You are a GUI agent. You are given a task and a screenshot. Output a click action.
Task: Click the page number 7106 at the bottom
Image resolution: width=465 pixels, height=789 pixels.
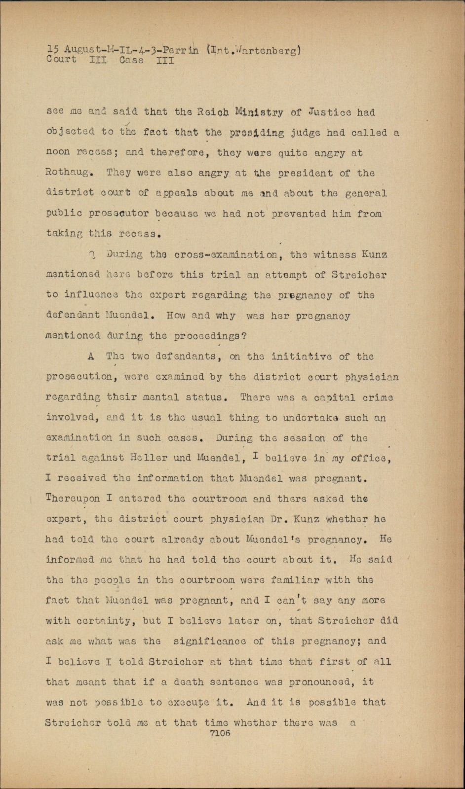(220, 733)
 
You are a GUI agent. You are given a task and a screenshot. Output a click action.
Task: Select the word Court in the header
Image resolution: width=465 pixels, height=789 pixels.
(61, 60)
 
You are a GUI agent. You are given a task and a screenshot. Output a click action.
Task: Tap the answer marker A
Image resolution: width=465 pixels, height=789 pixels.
(91, 356)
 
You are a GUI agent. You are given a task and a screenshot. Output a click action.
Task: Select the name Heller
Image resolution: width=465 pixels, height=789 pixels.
(146, 458)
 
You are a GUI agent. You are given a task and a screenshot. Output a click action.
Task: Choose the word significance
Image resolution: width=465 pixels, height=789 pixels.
(217, 641)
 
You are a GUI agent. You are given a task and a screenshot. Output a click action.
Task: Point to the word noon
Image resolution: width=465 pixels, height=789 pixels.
(58, 153)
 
